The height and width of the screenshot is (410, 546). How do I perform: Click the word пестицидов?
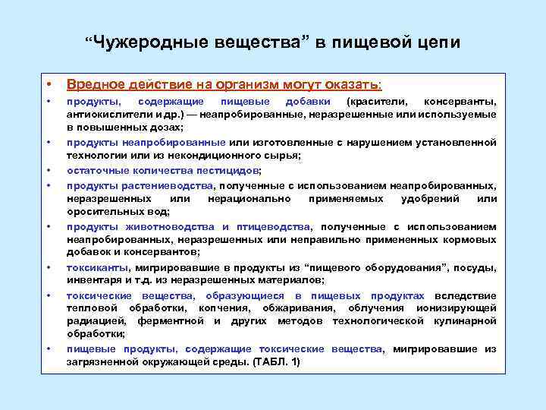click(227, 170)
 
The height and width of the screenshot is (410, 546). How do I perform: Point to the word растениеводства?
click(175, 185)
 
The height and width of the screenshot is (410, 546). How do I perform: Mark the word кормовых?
click(469, 239)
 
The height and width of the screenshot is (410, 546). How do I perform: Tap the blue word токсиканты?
click(97, 266)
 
